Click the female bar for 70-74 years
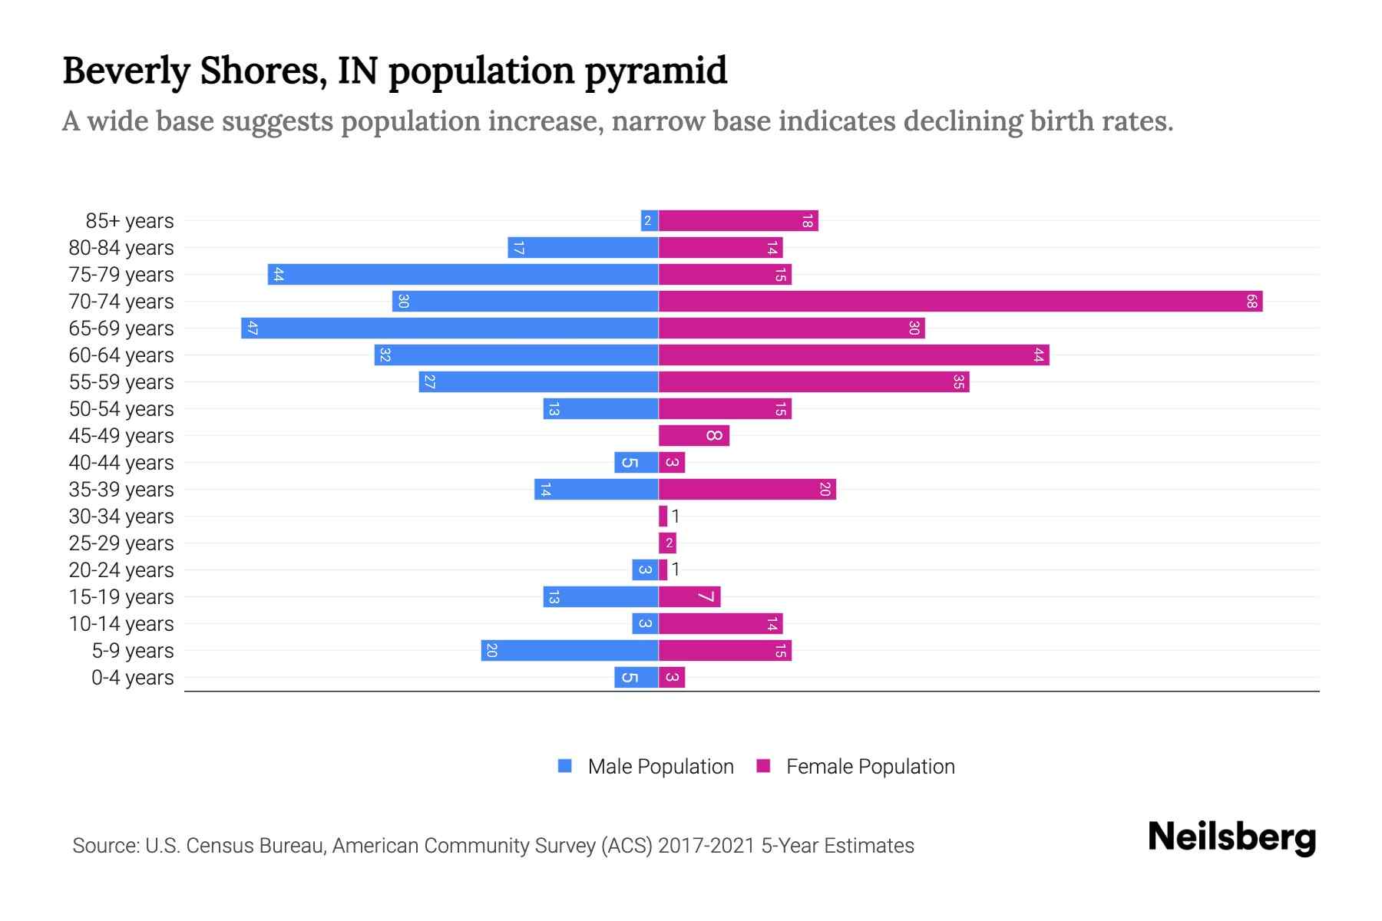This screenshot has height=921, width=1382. tap(960, 302)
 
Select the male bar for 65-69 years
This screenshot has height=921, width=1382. tap(450, 328)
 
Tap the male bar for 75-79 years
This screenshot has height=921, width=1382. tap(463, 275)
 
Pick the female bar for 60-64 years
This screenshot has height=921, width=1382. tap(854, 355)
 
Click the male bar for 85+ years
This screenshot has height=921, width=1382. tap(650, 221)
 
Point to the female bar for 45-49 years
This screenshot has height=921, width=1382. tap(694, 436)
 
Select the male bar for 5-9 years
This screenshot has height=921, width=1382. tap(570, 651)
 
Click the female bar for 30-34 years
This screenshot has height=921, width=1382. tap(663, 517)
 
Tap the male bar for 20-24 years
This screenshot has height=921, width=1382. tap(645, 570)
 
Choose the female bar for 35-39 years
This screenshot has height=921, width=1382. tap(747, 490)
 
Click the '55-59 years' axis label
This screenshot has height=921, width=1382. tap(121, 382)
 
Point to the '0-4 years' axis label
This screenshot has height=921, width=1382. tap(132, 678)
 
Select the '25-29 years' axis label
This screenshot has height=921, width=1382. tap(121, 543)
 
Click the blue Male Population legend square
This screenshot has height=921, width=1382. tap(565, 766)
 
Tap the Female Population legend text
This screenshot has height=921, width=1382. tap(870, 767)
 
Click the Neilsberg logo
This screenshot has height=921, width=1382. tap(1232, 837)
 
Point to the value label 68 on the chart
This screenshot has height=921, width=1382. tap(1251, 302)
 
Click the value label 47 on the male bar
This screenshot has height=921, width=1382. tap(253, 328)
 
